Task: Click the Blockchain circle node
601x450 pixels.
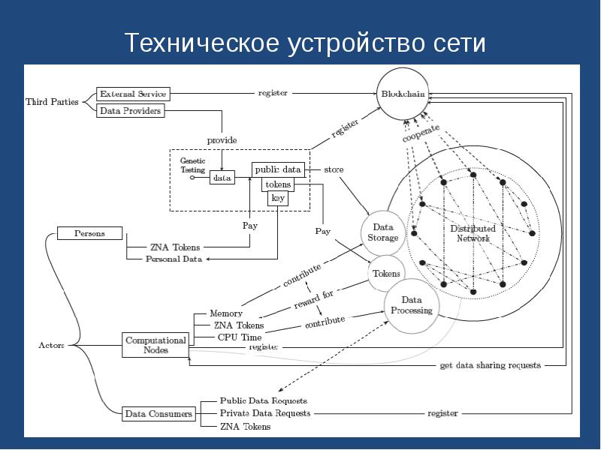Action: click(x=406, y=94)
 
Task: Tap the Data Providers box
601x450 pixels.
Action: click(x=130, y=110)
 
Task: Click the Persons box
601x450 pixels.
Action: click(x=89, y=233)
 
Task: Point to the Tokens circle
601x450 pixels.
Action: click(x=387, y=274)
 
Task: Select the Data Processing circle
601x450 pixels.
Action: click(x=412, y=305)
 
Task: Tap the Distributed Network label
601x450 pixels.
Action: click(x=473, y=233)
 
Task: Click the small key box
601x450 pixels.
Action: click(x=278, y=198)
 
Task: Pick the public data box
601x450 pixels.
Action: click(x=278, y=169)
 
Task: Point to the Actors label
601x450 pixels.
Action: click(x=52, y=346)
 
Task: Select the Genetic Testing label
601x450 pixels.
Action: click(x=193, y=166)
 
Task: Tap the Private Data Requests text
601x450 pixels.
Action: click(x=264, y=413)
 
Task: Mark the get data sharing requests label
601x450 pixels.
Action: click(x=490, y=366)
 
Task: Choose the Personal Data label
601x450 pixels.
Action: click(x=174, y=259)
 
